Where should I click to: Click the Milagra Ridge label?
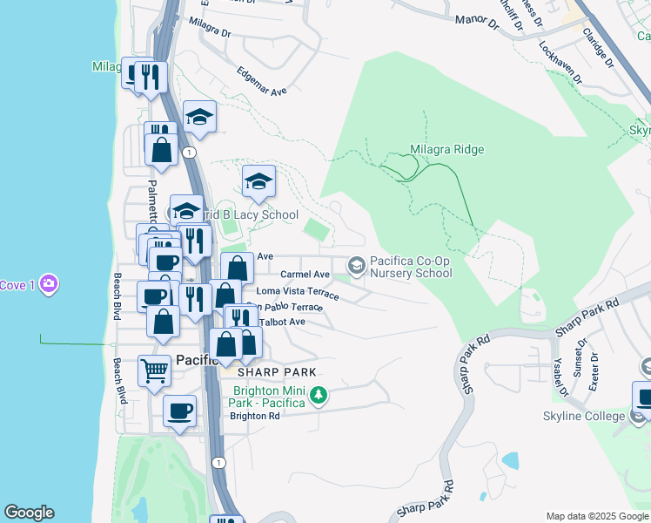click(x=446, y=150)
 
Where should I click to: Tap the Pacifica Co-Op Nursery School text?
click(x=411, y=267)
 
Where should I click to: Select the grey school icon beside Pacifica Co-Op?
click(x=356, y=264)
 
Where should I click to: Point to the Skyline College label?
click(x=583, y=416)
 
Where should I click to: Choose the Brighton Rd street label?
click(x=254, y=416)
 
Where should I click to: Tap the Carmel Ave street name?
click(x=305, y=274)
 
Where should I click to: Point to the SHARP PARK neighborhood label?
click(x=256, y=371)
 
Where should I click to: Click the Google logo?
click(x=29, y=513)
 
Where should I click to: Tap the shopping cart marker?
click(x=154, y=370)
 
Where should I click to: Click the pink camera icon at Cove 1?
click(x=50, y=284)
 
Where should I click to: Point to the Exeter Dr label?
click(x=594, y=370)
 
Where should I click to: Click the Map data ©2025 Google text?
click(x=596, y=516)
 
